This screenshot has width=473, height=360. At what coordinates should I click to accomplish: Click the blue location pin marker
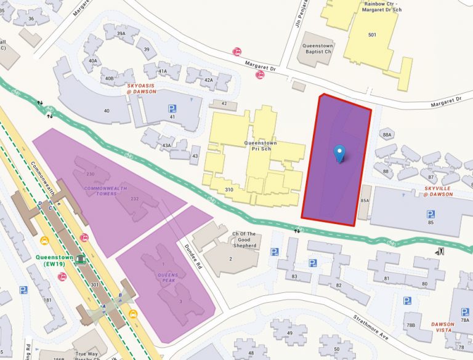[339, 153]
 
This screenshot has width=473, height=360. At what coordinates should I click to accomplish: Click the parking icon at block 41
[172, 108]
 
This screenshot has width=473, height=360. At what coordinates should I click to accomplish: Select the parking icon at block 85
[431, 214]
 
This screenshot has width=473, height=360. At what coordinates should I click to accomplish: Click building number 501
[371, 35]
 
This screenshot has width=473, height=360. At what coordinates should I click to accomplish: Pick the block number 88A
[387, 134]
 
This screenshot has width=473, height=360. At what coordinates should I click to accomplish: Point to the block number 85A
[364, 201]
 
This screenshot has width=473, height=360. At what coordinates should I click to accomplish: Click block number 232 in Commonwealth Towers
[135, 198]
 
